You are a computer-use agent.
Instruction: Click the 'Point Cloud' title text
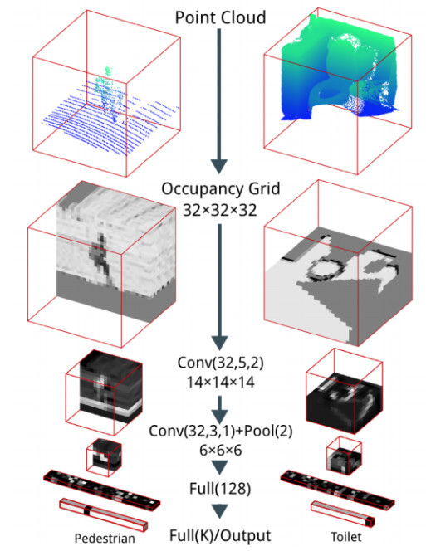click(x=220, y=17)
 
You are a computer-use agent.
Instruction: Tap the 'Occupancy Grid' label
click(x=221, y=189)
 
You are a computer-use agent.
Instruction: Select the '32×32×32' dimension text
click(x=220, y=210)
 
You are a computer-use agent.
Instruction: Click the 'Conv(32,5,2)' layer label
click(x=221, y=363)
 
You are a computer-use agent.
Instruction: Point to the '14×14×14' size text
click(x=220, y=382)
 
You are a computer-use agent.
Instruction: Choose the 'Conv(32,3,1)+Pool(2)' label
click(x=221, y=431)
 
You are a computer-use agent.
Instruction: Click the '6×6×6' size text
click(x=221, y=450)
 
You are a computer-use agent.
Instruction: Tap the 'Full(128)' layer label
click(x=220, y=489)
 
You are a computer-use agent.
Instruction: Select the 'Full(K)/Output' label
click(x=220, y=535)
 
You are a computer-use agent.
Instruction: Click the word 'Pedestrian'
click(x=105, y=539)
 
